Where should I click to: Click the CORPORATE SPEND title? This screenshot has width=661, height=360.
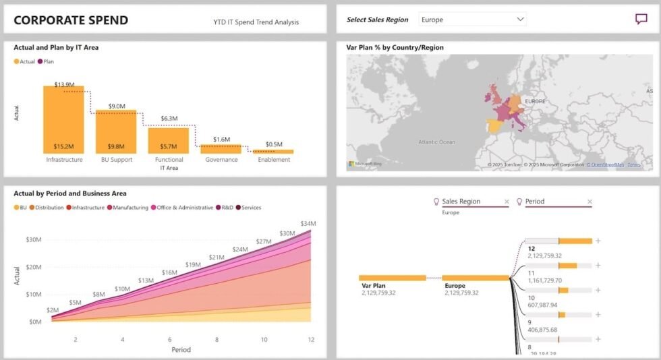tap(71, 20)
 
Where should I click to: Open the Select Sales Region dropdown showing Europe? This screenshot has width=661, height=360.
tap(472, 20)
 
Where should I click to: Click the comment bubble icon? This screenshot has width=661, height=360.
tap(641, 20)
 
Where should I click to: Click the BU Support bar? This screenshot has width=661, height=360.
tap(116, 131)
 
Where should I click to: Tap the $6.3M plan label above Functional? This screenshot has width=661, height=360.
tap(169, 119)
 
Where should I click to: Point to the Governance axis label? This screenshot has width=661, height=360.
tap(221, 160)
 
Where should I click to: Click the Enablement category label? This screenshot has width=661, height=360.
tap(274, 160)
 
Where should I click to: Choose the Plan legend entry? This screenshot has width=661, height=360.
tap(48, 61)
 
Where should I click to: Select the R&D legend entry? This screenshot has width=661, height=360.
tap(225, 208)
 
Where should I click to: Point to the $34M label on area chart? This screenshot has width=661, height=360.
tap(308, 223)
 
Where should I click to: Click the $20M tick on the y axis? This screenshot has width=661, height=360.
tap(33, 267)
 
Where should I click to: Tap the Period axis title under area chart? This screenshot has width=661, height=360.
tap(181, 350)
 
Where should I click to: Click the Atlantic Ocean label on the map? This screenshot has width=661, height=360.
tap(436, 142)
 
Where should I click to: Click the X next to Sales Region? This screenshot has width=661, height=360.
tap(507, 202)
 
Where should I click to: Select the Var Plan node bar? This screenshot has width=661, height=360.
tap(392, 278)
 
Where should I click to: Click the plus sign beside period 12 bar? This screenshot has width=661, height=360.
tap(598, 241)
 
